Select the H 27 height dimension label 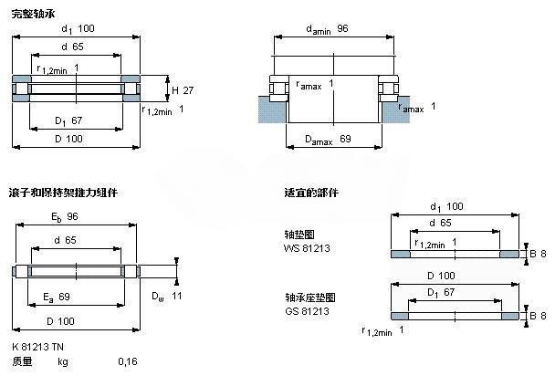point(183,90)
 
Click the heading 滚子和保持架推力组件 point(63,193)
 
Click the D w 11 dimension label point(168,297)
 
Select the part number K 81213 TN point(38,347)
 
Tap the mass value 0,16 point(128,362)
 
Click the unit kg point(63,362)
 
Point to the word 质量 point(23,362)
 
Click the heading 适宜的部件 point(311,193)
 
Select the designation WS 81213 point(306,249)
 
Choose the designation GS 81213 point(306,311)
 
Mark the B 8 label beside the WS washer point(539,253)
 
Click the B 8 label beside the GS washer point(539,315)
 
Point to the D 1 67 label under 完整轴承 point(68,120)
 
